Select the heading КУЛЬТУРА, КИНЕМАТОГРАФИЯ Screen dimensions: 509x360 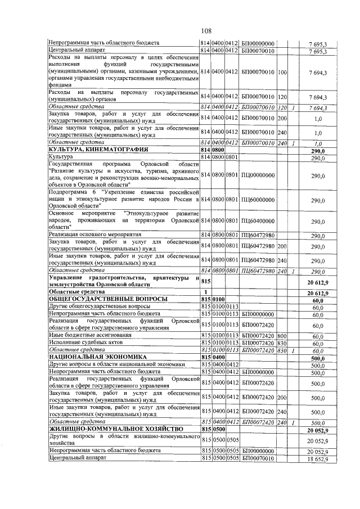pyautogui.click(x=98, y=150)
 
